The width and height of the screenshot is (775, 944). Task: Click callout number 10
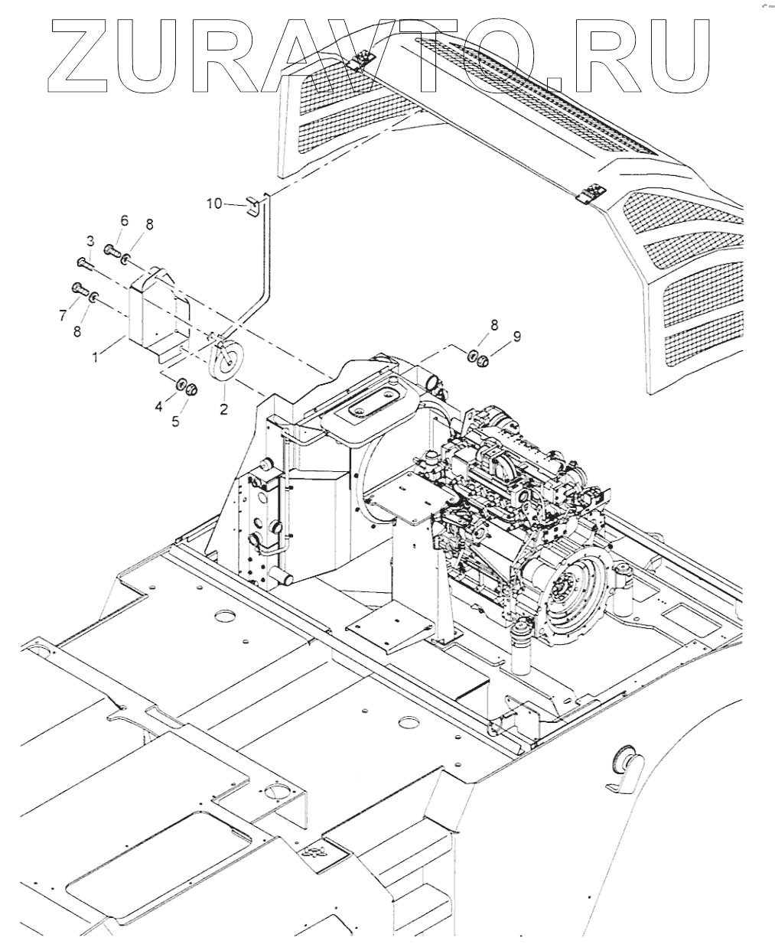point(213,203)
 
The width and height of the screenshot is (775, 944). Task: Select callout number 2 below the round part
point(223,409)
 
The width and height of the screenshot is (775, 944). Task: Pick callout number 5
point(175,422)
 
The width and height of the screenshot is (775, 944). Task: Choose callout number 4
point(159,408)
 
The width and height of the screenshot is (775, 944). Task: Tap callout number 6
point(124,220)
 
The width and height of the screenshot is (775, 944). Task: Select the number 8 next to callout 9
point(493,325)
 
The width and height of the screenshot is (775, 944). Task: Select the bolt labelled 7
point(79,288)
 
